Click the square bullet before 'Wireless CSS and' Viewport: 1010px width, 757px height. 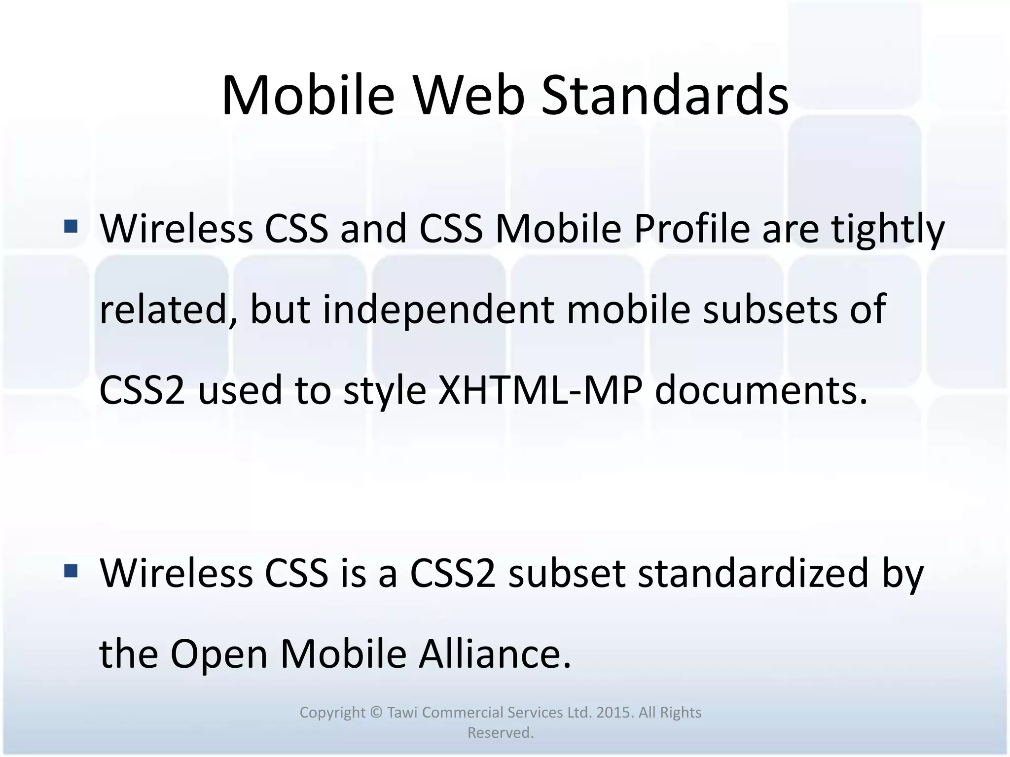[71, 226]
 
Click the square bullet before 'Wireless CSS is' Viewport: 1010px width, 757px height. [71, 571]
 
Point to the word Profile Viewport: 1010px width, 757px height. [691, 229]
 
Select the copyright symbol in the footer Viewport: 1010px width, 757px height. [376, 713]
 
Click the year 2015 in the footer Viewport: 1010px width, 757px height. [614, 713]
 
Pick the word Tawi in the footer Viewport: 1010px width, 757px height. [402, 713]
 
